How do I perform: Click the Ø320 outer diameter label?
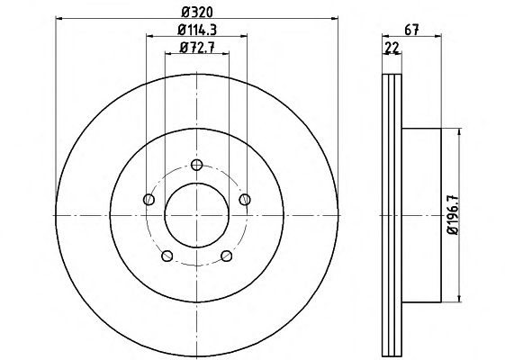pyautogui.click(x=197, y=13)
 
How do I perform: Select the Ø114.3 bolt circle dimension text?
pyautogui.click(x=197, y=30)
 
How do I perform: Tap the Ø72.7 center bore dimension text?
pyautogui.click(x=197, y=48)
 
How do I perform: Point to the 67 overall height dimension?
pyautogui.click(x=411, y=30)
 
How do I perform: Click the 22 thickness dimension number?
pyautogui.click(x=392, y=49)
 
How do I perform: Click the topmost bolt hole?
pyautogui.click(x=196, y=165)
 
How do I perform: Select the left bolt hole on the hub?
pyautogui.click(x=149, y=200)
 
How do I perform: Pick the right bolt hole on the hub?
pyautogui.click(x=245, y=200)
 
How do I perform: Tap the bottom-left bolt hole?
pyautogui.click(x=167, y=256)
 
